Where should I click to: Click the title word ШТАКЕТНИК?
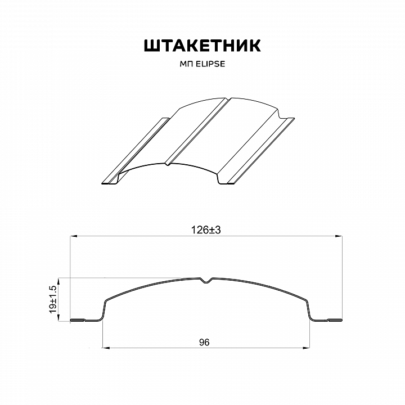click(x=202, y=46)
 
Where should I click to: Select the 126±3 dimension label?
click(x=203, y=229)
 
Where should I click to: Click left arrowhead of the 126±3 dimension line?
click(x=73, y=237)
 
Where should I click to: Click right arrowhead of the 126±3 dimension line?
click(x=340, y=237)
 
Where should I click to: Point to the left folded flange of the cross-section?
click(x=84, y=321)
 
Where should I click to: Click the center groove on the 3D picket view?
click(x=197, y=132)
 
